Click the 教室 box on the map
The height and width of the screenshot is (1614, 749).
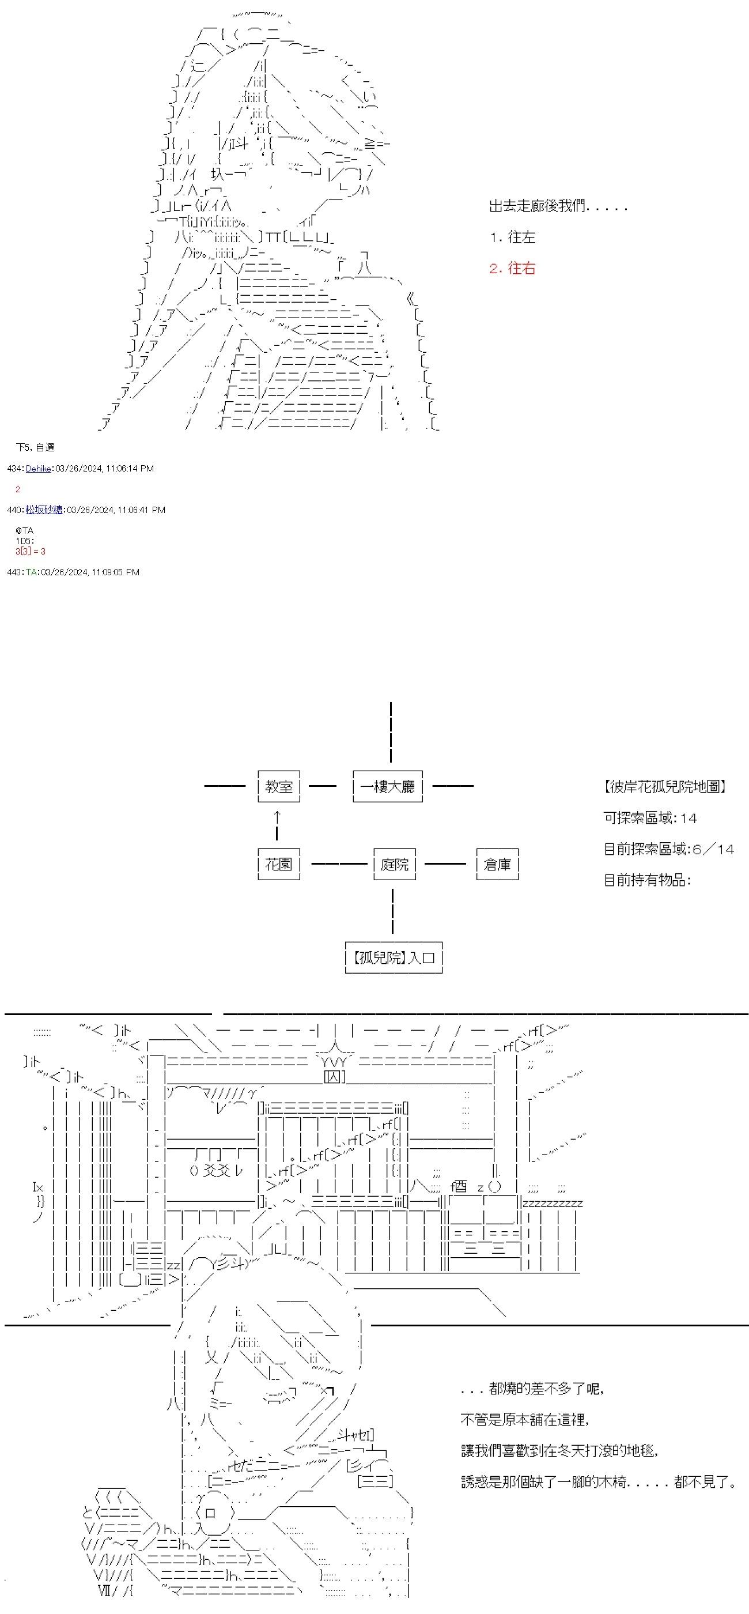tap(279, 786)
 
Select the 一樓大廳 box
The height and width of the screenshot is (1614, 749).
tap(388, 786)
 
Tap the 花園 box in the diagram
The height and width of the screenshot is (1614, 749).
tap(279, 864)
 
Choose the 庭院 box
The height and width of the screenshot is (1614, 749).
tap(395, 864)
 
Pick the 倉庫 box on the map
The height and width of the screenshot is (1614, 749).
tap(497, 864)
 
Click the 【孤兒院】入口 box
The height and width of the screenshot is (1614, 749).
tap(394, 957)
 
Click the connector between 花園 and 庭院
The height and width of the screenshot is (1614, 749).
tap(338, 864)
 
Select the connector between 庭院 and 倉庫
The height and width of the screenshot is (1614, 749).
tap(445, 864)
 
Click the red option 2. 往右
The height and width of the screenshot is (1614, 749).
tap(512, 268)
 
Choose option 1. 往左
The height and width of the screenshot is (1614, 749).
tap(512, 237)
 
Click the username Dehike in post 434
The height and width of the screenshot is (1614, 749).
tap(38, 469)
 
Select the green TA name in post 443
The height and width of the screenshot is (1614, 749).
tap(31, 572)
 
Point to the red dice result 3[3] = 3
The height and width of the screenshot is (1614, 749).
tap(31, 552)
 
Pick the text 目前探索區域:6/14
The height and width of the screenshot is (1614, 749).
tap(668, 849)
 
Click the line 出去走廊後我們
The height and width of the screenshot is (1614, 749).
tap(557, 206)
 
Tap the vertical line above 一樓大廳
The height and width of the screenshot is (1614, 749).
tap(391, 732)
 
